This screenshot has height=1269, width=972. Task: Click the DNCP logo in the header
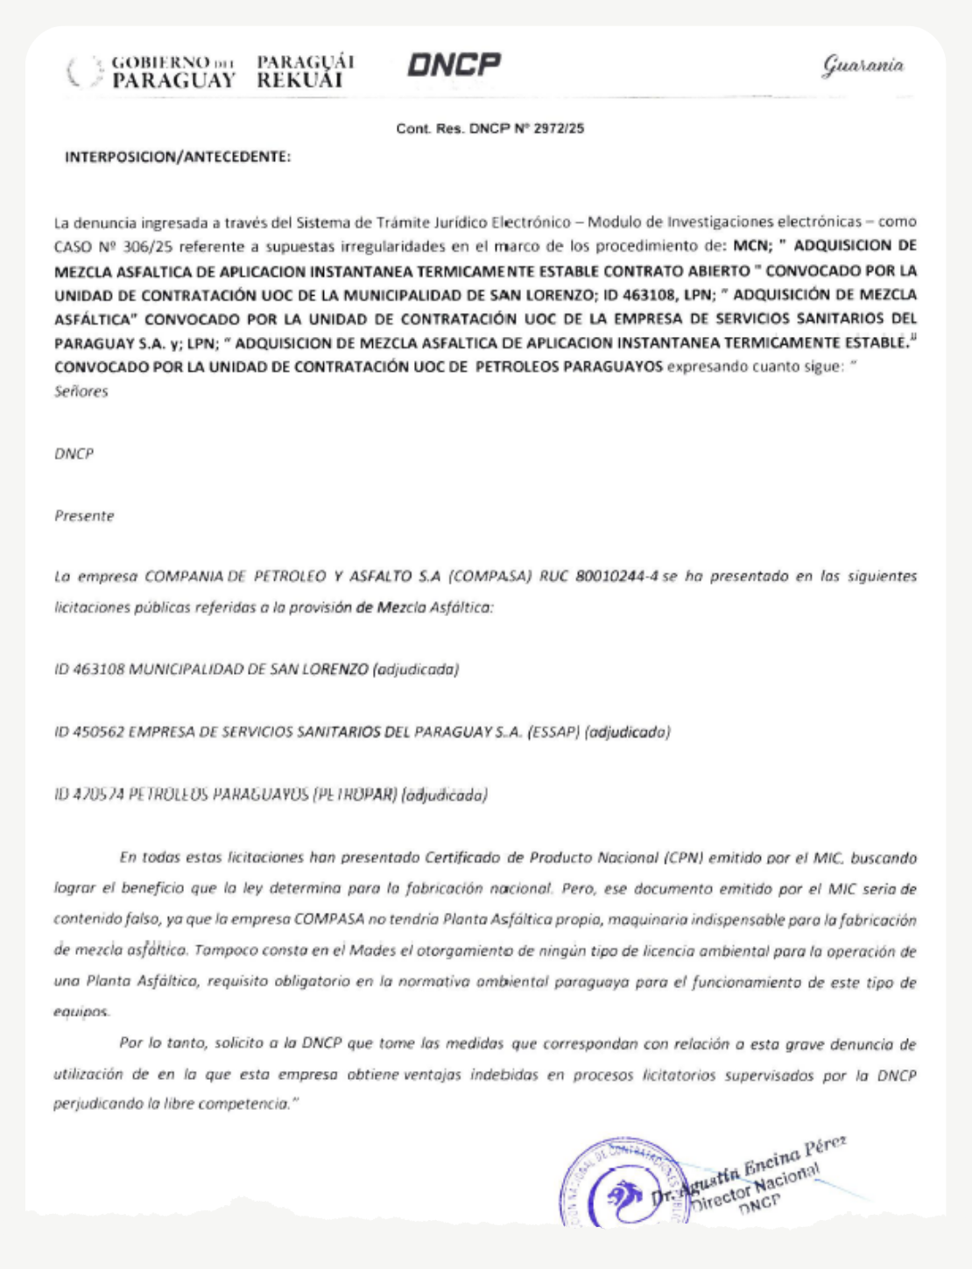(x=454, y=65)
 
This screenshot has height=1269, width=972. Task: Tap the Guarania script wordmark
(x=863, y=66)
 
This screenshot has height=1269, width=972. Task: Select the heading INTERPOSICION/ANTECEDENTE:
(x=178, y=158)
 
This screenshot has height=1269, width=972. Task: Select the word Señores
(x=81, y=391)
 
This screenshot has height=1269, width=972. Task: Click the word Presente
(x=84, y=515)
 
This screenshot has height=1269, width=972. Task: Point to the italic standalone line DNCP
(x=74, y=453)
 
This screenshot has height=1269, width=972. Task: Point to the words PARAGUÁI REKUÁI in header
(x=305, y=71)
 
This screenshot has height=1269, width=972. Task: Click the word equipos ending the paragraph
(x=82, y=1012)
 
